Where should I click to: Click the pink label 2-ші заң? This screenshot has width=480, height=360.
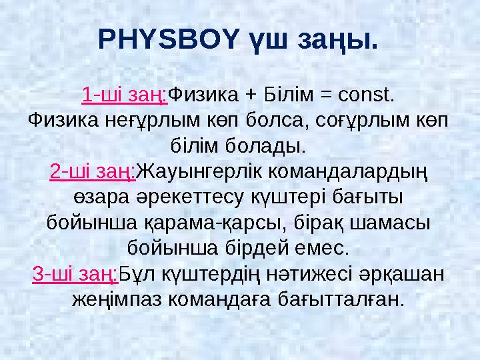tap(93, 172)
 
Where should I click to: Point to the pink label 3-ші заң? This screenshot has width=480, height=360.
tap(75, 275)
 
